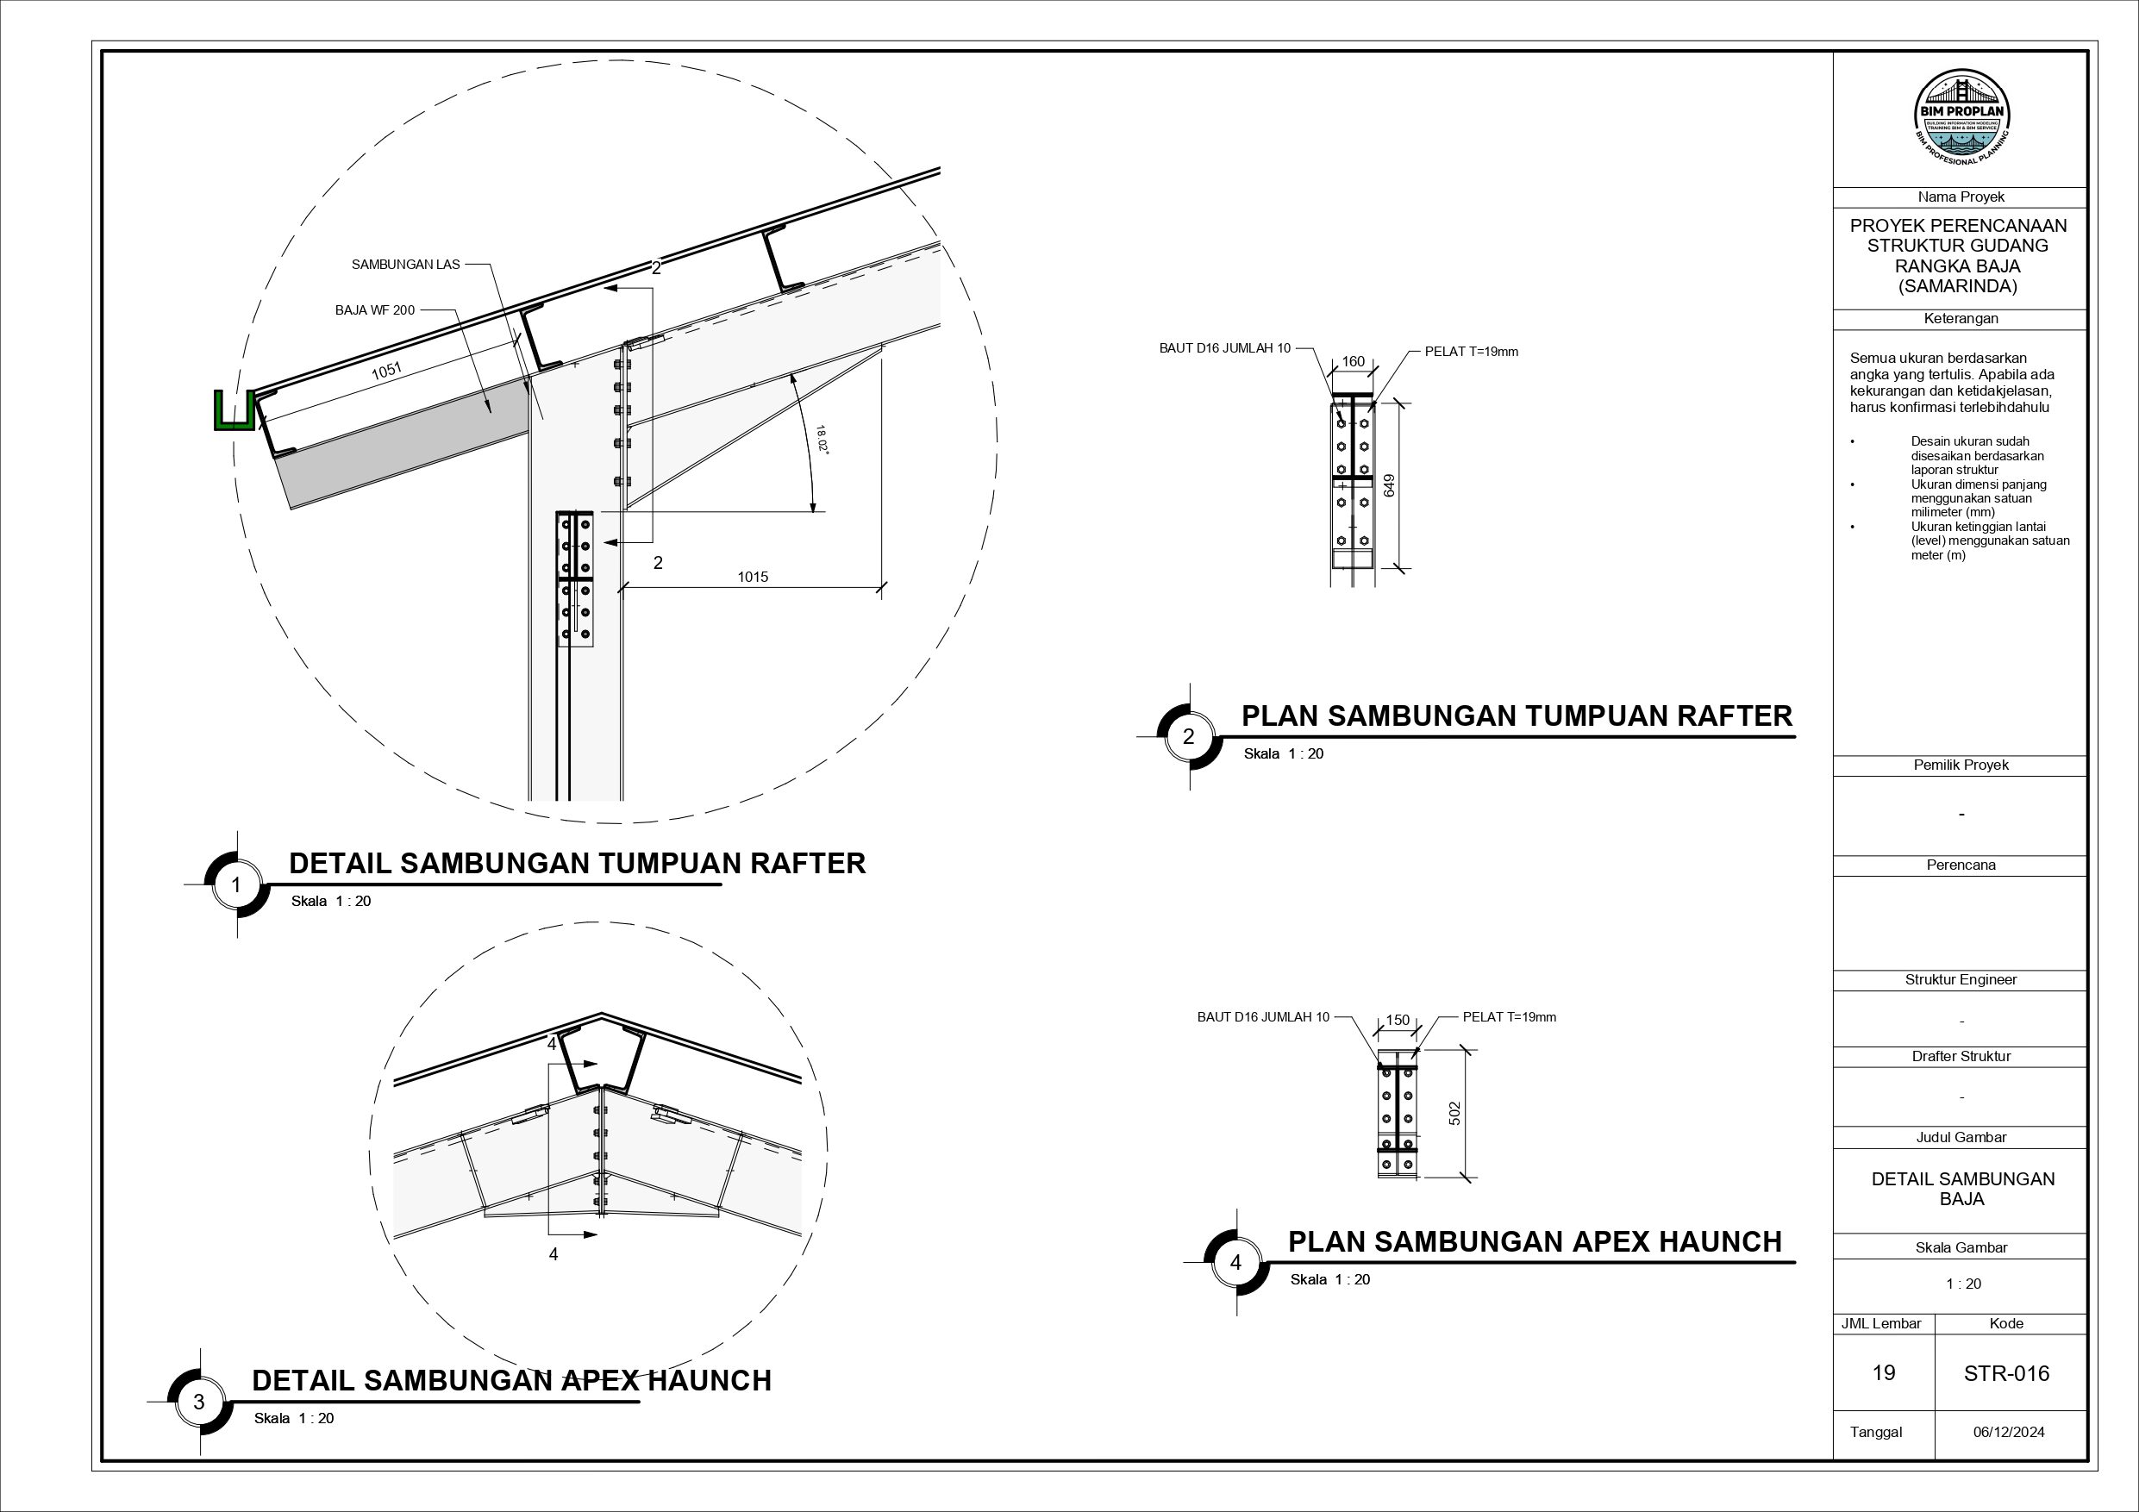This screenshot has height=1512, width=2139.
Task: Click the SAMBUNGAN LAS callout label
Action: pyautogui.click(x=405, y=265)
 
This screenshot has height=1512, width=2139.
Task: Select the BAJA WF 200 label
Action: pyautogui.click(x=374, y=310)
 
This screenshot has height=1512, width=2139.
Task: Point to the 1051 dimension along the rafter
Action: pyautogui.click(x=386, y=371)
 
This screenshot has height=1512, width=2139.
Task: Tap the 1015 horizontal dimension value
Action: pyautogui.click(x=753, y=577)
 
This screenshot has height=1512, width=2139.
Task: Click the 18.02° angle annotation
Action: pyautogui.click(x=822, y=438)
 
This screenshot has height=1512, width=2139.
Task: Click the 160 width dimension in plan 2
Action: pyautogui.click(x=1353, y=361)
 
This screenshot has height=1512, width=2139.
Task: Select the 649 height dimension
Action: pyautogui.click(x=1389, y=484)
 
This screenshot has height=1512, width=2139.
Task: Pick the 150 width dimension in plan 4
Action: pyautogui.click(x=1398, y=1020)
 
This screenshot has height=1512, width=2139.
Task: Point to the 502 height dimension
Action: pyautogui.click(x=1455, y=1113)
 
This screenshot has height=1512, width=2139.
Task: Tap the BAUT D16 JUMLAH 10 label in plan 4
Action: pyautogui.click(x=1262, y=1017)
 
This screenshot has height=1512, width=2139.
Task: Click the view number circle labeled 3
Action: pyautogui.click(x=198, y=1402)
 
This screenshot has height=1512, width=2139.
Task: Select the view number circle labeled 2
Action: pyautogui.click(x=1188, y=737)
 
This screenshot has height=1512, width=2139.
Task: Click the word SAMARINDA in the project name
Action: pyautogui.click(x=1957, y=287)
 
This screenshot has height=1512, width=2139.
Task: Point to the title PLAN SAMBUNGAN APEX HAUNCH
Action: pyautogui.click(x=1535, y=1242)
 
